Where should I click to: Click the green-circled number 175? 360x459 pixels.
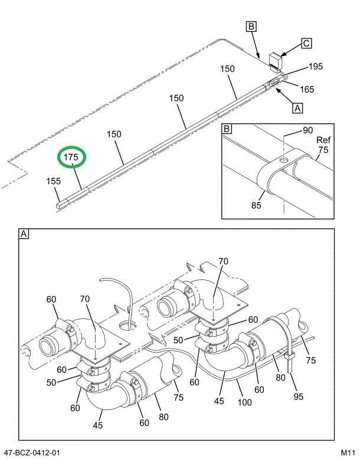(x=71, y=158)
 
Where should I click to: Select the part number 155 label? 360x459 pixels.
(x=54, y=181)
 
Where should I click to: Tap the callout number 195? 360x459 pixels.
(x=315, y=67)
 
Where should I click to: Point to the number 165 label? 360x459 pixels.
(x=306, y=89)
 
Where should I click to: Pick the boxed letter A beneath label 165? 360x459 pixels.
(x=298, y=108)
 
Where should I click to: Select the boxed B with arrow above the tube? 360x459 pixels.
(x=251, y=26)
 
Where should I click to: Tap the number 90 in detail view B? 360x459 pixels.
(x=307, y=131)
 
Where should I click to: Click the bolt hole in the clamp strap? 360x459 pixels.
(x=284, y=159)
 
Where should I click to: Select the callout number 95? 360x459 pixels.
(x=299, y=396)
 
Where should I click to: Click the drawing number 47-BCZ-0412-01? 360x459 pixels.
(x=31, y=453)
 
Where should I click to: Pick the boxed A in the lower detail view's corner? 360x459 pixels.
(x=24, y=235)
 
